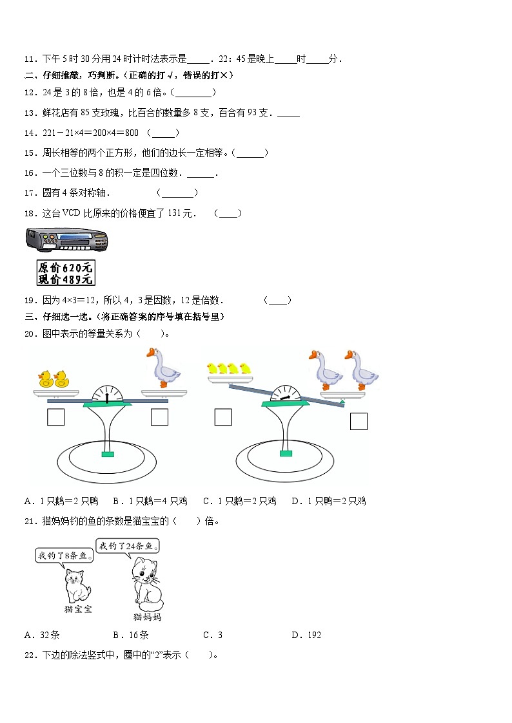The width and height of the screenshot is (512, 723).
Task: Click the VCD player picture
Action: tap(66, 240)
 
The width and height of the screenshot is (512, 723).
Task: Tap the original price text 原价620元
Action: tap(66, 267)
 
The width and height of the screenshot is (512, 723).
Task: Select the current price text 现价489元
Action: tap(66, 279)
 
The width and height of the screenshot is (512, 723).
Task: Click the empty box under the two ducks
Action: tap(55, 417)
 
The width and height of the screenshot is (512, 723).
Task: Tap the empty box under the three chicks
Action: tap(223, 417)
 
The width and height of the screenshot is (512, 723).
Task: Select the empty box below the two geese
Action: tap(359, 422)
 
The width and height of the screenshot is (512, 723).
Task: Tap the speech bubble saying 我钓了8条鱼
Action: tap(62, 556)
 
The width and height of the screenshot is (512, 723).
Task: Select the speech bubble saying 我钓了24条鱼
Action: tap(127, 546)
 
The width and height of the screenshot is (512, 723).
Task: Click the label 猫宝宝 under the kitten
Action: tap(77, 609)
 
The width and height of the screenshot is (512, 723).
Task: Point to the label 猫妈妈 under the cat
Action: tap(147, 617)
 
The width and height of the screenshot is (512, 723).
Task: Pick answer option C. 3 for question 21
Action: tap(213, 635)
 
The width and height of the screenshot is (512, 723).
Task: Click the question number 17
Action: tap(29, 192)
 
